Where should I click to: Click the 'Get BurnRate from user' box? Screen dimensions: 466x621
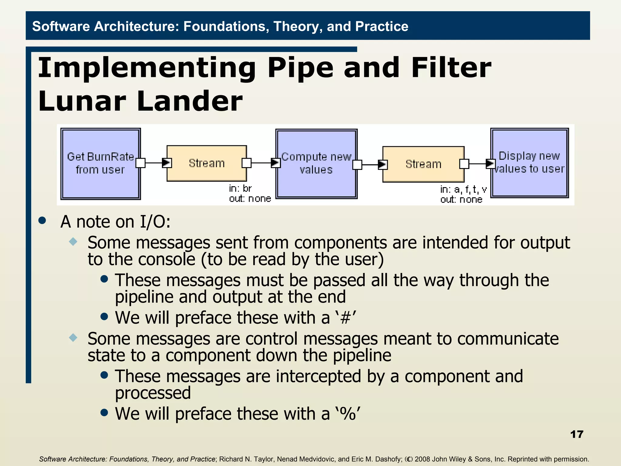(100, 164)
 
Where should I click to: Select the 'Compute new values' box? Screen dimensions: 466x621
(316, 164)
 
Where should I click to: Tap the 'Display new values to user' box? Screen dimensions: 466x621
(529, 163)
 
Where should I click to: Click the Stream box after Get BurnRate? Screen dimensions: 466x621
(206, 163)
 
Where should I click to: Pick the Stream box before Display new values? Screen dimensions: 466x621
(423, 164)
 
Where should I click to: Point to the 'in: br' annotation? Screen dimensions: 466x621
(240, 189)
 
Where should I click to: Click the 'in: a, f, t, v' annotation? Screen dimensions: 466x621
(463, 190)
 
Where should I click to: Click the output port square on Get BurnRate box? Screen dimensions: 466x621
(140, 163)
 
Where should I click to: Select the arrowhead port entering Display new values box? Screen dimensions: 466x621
(490, 164)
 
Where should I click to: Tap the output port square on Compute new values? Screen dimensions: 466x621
(357, 165)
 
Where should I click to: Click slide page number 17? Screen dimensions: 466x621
(576, 434)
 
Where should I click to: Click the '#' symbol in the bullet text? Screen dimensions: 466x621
(345, 318)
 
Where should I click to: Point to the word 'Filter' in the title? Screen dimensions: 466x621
(451, 68)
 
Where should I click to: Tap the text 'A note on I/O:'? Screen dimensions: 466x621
(115, 222)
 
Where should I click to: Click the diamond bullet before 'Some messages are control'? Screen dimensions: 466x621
(73, 337)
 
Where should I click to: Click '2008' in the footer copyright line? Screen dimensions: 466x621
(423, 459)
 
